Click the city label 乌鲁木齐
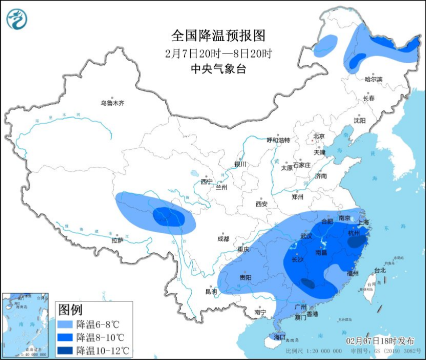(112, 103)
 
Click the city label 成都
(223, 239)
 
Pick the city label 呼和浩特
(278, 140)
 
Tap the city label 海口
(279, 337)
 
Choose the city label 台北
(380, 270)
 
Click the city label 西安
(261, 204)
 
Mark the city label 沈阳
(359, 120)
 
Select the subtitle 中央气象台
(219, 69)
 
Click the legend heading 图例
(70, 310)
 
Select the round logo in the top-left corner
(17, 19)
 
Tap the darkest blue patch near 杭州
(356, 242)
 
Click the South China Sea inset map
(26, 325)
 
